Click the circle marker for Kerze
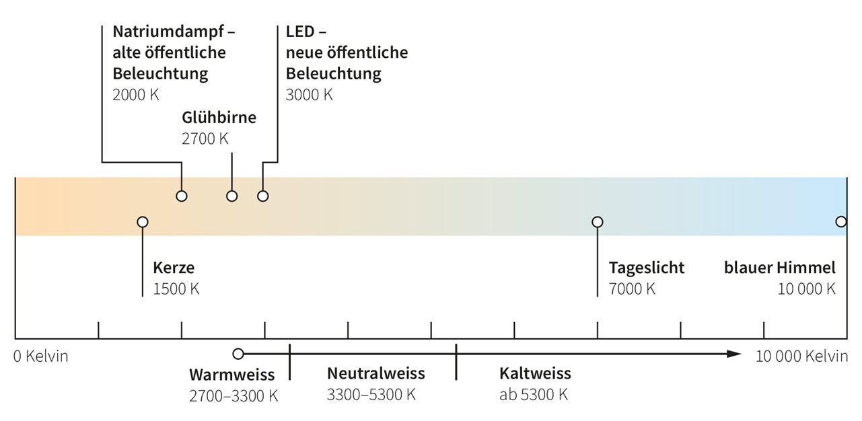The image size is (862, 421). pyautogui.click(x=142, y=222)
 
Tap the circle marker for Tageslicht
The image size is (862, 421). pyautogui.click(x=597, y=222)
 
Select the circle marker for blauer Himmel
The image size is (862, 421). pyautogui.click(x=840, y=222)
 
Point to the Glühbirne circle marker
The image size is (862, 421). pyautogui.click(x=231, y=196)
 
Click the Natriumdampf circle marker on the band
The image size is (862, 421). pyautogui.click(x=182, y=196)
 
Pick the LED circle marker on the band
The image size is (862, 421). pyautogui.click(x=263, y=196)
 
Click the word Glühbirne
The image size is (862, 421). pyautogui.click(x=219, y=118)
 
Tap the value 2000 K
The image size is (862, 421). pyautogui.click(x=136, y=94)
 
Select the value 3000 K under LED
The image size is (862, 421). pyautogui.click(x=309, y=94)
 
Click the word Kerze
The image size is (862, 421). pyautogui.click(x=174, y=268)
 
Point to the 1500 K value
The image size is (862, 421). pyautogui.click(x=176, y=289)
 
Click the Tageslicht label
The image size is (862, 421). pyautogui.click(x=646, y=268)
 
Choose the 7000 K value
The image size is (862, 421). pyautogui.click(x=632, y=289)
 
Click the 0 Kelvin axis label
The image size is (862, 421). pyautogui.click(x=41, y=356)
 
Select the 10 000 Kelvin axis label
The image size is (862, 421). pyautogui.click(x=801, y=356)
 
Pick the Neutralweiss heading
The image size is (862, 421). pyautogui.click(x=375, y=373)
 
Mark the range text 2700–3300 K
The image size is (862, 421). pyautogui.click(x=234, y=395)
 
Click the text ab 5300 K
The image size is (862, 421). pyautogui.click(x=533, y=395)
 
